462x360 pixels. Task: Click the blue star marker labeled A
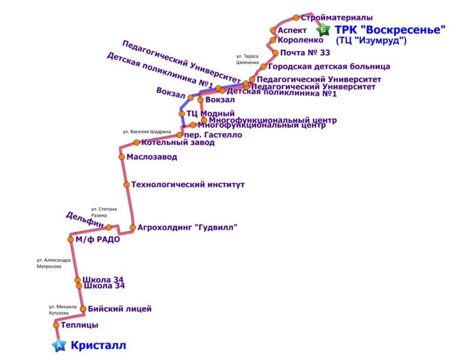coord(58,345)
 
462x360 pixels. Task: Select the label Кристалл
coord(98,346)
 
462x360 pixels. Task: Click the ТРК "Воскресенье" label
coord(390,29)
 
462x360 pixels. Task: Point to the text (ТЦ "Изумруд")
coord(371,41)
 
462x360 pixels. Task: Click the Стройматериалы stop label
coord(337,17)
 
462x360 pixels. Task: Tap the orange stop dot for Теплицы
coord(56,325)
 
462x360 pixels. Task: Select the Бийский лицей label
coord(119,309)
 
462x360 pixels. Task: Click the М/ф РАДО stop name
coord(97,239)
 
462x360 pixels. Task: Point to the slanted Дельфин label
coord(85,220)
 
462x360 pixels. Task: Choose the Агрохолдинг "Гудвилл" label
coord(187,227)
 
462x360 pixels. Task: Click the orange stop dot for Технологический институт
coord(127,185)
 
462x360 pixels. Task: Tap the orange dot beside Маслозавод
coord(122,157)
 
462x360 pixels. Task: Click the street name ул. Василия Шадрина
coord(147,131)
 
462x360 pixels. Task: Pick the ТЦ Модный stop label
coord(210,113)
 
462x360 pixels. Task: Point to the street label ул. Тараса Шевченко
coord(248,59)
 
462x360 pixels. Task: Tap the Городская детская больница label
coord(329,67)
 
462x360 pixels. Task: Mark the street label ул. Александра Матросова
coord(53,263)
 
